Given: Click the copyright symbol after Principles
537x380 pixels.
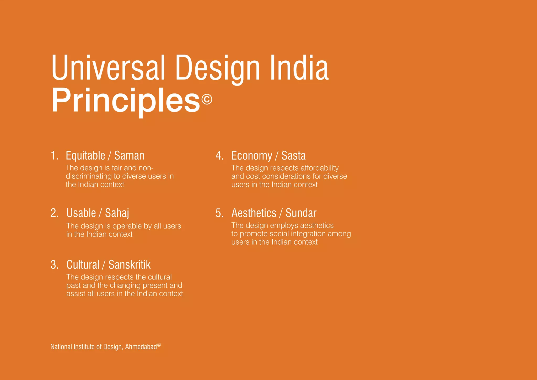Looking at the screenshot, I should (x=207, y=99).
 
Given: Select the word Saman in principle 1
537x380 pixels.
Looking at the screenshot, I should (x=129, y=156).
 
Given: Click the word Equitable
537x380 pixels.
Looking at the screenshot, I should (x=85, y=156).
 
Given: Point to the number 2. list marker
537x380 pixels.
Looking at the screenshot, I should (x=55, y=213).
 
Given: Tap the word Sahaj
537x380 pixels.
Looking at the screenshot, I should (x=117, y=213).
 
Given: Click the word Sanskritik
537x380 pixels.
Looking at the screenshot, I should (x=130, y=265).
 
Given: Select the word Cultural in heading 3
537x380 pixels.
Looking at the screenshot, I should (x=83, y=265).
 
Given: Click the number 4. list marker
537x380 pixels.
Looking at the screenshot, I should (x=219, y=156).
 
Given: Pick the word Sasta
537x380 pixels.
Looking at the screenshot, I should (x=293, y=156).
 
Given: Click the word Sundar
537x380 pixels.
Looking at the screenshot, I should (x=301, y=213).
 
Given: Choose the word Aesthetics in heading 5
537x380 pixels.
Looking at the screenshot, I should (x=254, y=213).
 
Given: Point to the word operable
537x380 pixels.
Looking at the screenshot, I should (x=127, y=226).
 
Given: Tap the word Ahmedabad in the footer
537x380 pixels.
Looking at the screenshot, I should (x=141, y=347).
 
